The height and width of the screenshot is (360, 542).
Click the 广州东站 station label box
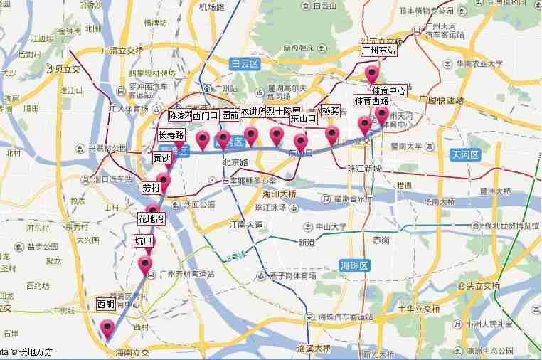click(378, 51)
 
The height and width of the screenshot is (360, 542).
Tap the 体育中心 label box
click(388, 90)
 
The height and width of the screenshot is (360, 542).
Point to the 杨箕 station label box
click(330, 111)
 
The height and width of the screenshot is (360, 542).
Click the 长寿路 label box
click(171, 134)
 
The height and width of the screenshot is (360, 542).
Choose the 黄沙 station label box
click(162, 158)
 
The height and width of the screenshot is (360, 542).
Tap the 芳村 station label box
click(151, 189)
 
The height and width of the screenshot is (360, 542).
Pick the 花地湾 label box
click(151, 219)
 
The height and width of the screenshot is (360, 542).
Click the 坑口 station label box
click(144, 241)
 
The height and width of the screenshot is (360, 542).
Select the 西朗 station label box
click(106, 304)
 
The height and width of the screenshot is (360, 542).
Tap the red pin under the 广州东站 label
click(372, 74)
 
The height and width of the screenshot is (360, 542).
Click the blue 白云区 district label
click(247, 64)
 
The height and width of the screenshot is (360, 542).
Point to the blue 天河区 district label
click(466, 154)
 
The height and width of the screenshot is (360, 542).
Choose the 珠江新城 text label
click(364, 169)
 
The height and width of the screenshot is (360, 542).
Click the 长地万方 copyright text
click(36, 351)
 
